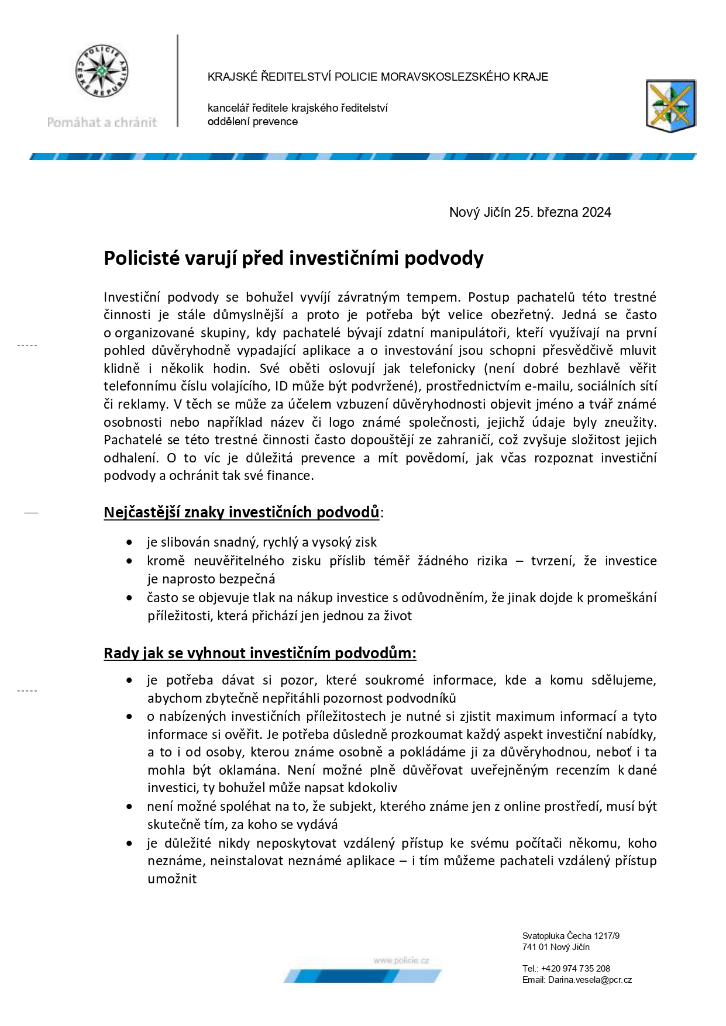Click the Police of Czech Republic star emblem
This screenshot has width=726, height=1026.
coord(103,71)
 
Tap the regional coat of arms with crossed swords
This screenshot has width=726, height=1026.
coord(670,106)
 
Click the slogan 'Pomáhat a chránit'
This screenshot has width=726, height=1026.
coord(102,122)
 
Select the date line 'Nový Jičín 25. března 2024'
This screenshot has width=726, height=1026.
coord(529,212)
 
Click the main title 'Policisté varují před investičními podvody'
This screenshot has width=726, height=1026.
coord(293,258)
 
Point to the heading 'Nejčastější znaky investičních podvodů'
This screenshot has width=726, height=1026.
coord(242,512)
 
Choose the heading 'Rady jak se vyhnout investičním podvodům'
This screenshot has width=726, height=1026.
coord(259,653)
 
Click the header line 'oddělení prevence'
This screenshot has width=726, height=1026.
coord(252,122)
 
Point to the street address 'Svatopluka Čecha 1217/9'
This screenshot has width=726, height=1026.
coord(570,936)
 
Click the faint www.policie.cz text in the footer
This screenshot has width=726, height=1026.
coord(401,961)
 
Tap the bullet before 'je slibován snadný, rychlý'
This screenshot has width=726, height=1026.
coord(129,543)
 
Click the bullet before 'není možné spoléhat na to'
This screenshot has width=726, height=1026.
coord(129,807)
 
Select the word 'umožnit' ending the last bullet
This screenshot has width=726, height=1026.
coord(171,879)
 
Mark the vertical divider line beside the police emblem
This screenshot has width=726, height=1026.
coord(177,81)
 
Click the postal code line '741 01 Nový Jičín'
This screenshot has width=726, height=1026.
coord(556,947)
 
